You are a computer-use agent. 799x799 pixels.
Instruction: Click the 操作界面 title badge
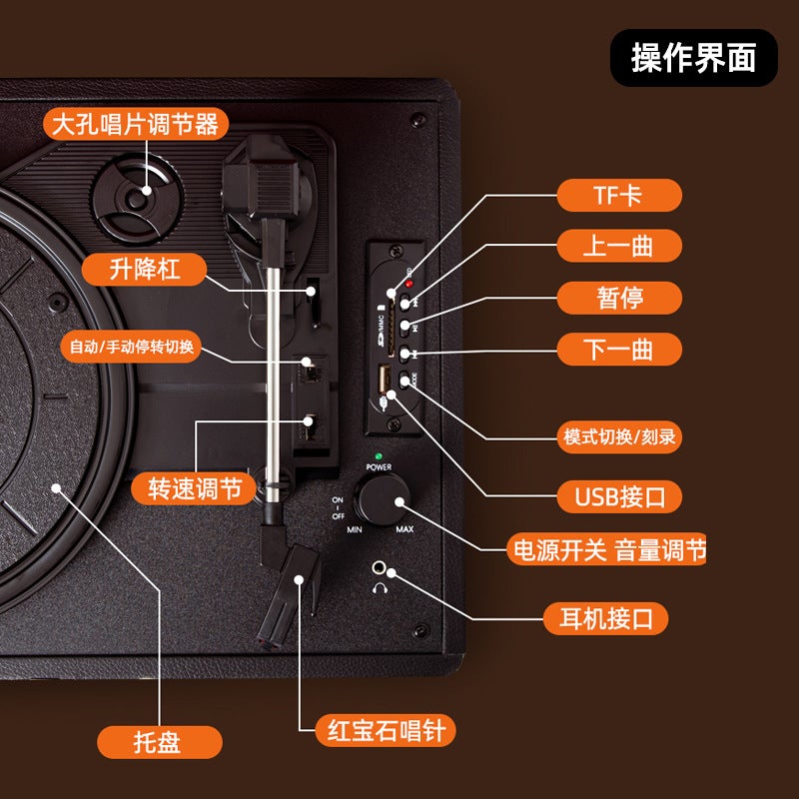pyautogui.click(x=693, y=58)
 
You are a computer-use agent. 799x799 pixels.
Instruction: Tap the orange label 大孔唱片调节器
pyautogui.click(x=136, y=126)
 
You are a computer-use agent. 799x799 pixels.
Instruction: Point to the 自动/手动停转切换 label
pyautogui.click(x=132, y=347)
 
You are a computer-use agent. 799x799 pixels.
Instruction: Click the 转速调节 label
pyautogui.click(x=194, y=488)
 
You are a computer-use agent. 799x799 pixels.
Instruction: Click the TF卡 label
pyautogui.click(x=618, y=195)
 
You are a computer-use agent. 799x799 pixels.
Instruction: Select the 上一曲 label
pyautogui.click(x=618, y=246)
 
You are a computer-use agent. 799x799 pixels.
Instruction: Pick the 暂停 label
pyautogui.click(x=618, y=297)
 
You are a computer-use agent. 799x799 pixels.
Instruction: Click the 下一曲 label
pyautogui.click(x=618, y=348)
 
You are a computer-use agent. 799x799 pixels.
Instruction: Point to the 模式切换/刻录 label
pyautogui.click(x=620, y=436)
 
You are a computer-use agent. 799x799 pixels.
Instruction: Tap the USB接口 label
pyautogui.click(x=618, y=495)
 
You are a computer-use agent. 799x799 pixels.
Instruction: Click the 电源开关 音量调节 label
pyautogui.click(x=606, y=549)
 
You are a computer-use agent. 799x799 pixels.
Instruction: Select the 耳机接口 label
pyautogui.click(x=605, y=617)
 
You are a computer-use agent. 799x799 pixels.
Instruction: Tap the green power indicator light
pyautogui.click(x=378, y=457)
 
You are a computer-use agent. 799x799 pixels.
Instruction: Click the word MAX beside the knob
pyautogui.click(x=404, y=529)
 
